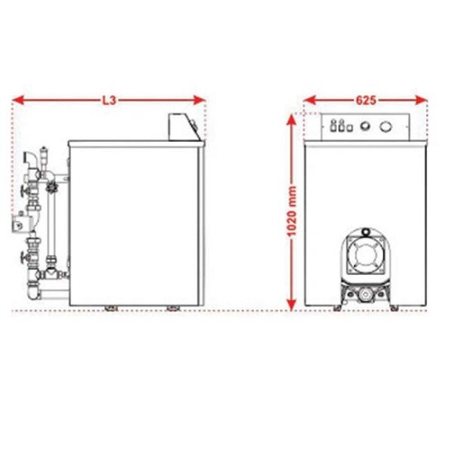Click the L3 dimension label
click(x=110, y=101)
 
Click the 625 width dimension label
click(x=366, y=101)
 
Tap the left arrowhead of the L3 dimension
click(x=18, y=101)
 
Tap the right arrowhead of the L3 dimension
click(x=200, y=101)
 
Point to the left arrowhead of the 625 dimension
click(x=310, y=101)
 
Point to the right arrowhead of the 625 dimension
click(x=421, y=101)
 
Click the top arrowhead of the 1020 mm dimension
click(x=291, y=120)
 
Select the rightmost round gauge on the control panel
click(x=386, y=126)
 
